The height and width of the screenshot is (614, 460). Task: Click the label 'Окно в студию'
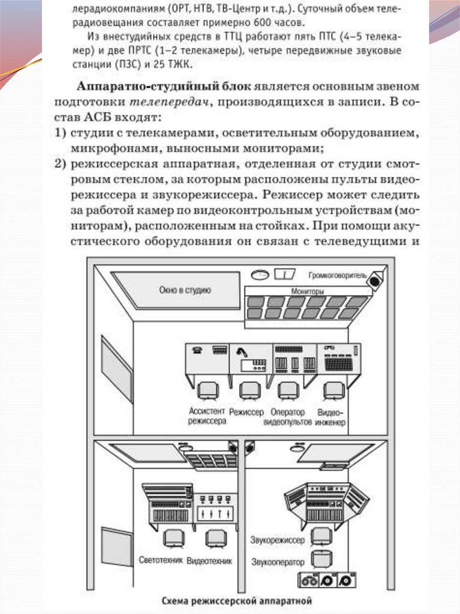[x=185, y=290]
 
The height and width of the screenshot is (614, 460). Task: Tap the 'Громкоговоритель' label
[x=336, y=276]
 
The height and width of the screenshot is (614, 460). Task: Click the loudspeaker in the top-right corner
[x=376, y=279]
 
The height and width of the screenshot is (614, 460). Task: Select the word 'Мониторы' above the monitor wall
[x=308, y=291]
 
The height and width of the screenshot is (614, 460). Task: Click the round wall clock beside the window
[x=260, y=275]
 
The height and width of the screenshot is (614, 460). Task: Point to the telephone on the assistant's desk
[x=196, y=351]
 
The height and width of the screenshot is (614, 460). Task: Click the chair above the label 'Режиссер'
[x=248, y=390]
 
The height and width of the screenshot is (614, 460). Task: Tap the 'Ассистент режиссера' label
[x=207, y=417]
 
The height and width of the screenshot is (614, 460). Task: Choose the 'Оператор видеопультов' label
[x=288, y=417]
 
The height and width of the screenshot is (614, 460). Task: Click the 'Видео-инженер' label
[x=331, y=417]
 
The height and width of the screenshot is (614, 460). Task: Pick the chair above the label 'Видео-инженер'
[x=332, y=390]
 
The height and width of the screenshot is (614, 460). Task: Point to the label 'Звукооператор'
[x=277, y=562]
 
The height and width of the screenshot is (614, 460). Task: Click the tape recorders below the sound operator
[x=326, y=580]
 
